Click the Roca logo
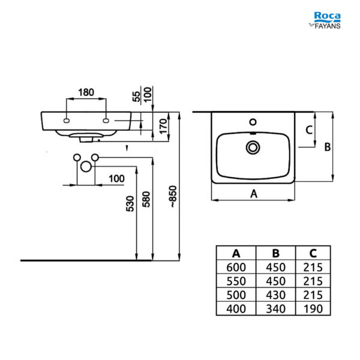[x=327, y=17]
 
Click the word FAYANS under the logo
[x=328, y=26]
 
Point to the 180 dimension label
[x=86, y=92]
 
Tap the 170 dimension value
[x=163, y=126]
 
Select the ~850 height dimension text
[x=173, y=196]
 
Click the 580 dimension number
[x=146, y=199]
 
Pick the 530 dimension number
[x=130, y=203]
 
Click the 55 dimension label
[x=136, y=97]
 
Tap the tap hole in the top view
[x=253, y=122]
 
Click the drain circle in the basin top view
[x=253, y=148]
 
